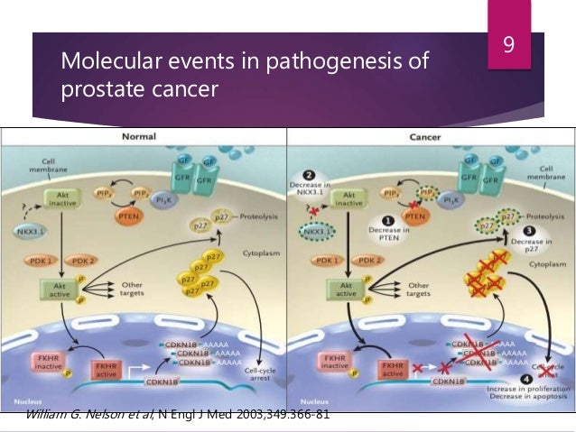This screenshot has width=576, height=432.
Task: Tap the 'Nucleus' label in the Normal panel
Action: pyautogui.click(x=23, y=396)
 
